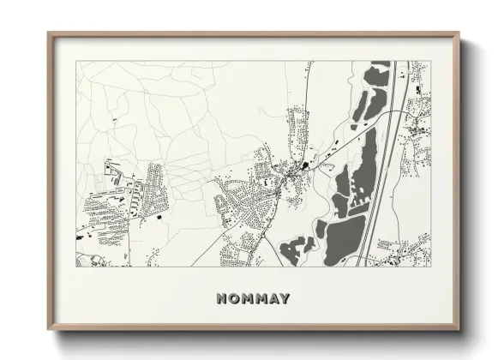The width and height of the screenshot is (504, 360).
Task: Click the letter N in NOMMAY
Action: pyautogui.click(x=222, y=299)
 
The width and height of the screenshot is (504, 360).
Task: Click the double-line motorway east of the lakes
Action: pyautogui.click(x=390, y=171)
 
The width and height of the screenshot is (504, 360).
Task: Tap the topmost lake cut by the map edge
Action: pyautogui.click(x=379, y=73)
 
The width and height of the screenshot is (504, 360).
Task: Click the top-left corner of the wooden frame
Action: pyautogui.click(x=49, y=34)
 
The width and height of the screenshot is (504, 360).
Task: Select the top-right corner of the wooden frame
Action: pyautogui.click(x=460, y=34)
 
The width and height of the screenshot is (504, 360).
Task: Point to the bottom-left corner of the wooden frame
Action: pyautogui.click(x=49, y=330)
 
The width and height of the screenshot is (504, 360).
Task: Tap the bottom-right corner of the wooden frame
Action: pyautogui.click(x=460, y=330)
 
